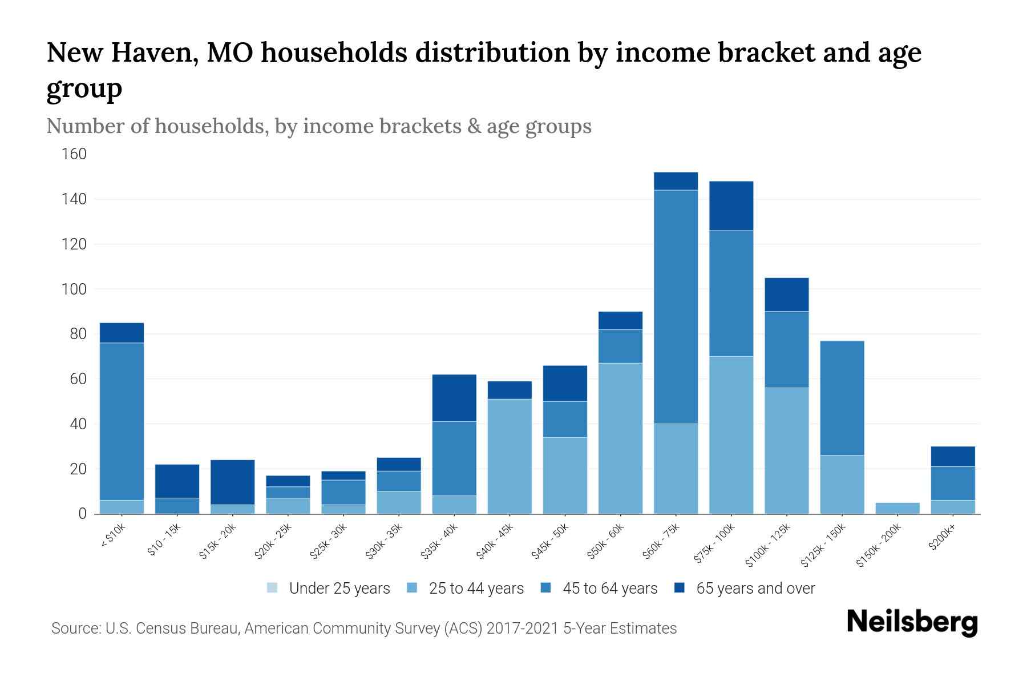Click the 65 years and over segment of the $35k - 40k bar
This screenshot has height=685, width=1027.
tap(454, 398)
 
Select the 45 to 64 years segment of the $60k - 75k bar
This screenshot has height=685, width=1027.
tap(676, 307)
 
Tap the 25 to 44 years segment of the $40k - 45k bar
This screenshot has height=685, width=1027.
tap(510, 456)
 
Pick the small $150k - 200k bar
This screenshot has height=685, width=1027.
tap(897, 508)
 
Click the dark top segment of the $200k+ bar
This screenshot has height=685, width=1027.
tap(953, 457)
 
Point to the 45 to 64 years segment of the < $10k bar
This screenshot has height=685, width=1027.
tap(122, 421)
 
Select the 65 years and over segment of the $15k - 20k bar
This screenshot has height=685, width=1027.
tap(232, 482)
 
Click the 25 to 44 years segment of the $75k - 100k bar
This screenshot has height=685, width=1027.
tap(731, 435)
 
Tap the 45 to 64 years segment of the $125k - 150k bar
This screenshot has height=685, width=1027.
tap(842, 398)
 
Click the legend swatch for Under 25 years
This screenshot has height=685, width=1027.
tap(273, 588)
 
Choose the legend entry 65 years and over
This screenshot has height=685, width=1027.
tap(755, 588)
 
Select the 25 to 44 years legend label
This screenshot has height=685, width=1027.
tap(476, 588)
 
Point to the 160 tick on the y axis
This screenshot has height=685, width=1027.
tap(74, 154)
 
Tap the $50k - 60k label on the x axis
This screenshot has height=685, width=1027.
tap(607, 542)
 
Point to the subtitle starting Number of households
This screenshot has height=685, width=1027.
tap(319, 126)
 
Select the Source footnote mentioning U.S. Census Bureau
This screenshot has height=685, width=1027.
tap(364, 628)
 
